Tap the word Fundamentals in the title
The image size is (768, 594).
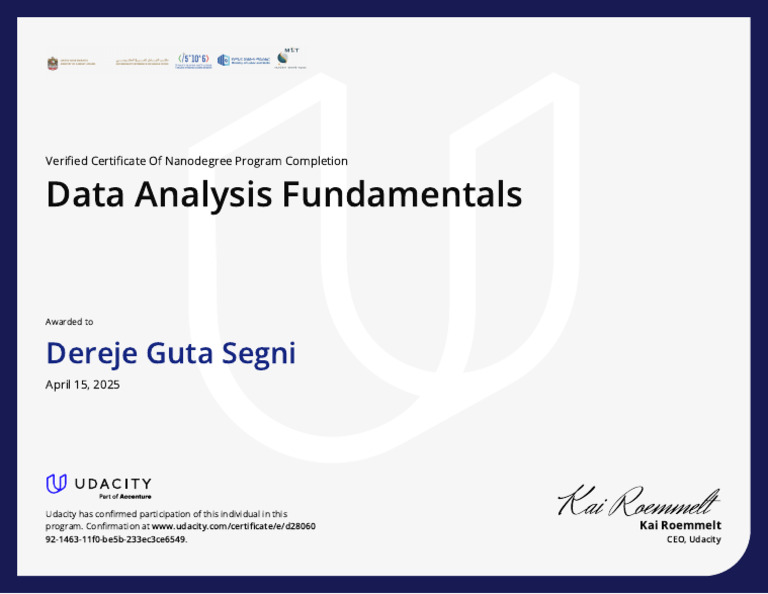[402, 194]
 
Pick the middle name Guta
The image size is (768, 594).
[177, 354]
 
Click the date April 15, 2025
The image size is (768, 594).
[83, 385]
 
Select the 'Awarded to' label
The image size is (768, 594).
[69, 322]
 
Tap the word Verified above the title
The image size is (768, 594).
[67, 161]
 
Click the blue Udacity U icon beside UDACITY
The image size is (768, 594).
[57, 484]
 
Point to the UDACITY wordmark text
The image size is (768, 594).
[113, 483]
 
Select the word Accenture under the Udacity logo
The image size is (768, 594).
[136, 496]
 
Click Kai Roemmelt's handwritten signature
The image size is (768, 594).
[638, 500]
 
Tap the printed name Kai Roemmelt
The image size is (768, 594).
[680, 525]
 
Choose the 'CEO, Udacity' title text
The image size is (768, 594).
[693, 540]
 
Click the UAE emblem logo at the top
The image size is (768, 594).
[53, 63]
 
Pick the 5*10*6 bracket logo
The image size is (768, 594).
[193, 60]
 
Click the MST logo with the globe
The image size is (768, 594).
[290, 58]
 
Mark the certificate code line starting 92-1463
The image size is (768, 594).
[116, 539]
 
